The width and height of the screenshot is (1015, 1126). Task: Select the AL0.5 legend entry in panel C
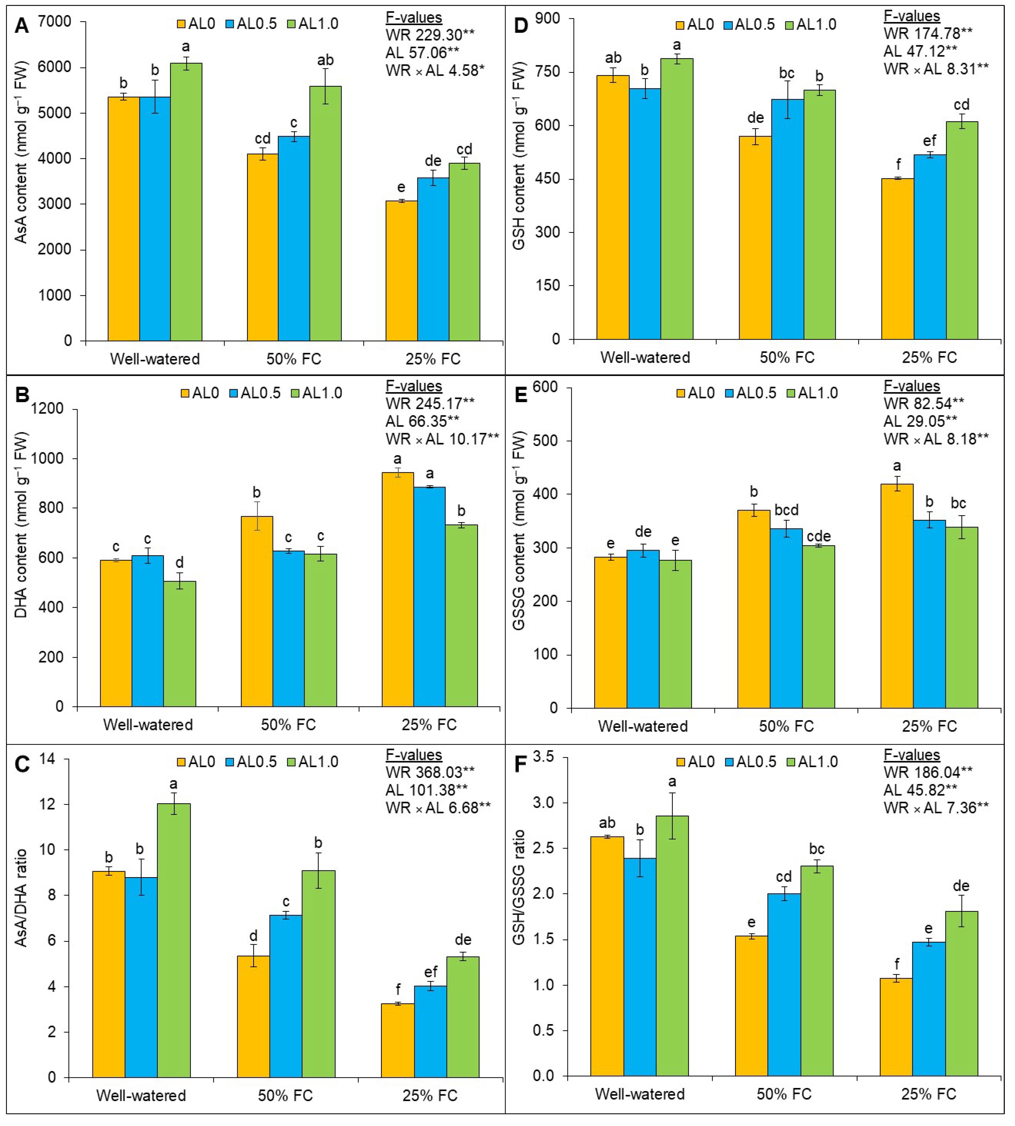tap(250, 761)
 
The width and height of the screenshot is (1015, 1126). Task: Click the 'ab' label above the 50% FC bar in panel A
tap(325, 60)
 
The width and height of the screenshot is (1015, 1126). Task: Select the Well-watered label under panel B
tap(148, 725)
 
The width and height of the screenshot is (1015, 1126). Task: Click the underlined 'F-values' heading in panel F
tap(911, 755)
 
